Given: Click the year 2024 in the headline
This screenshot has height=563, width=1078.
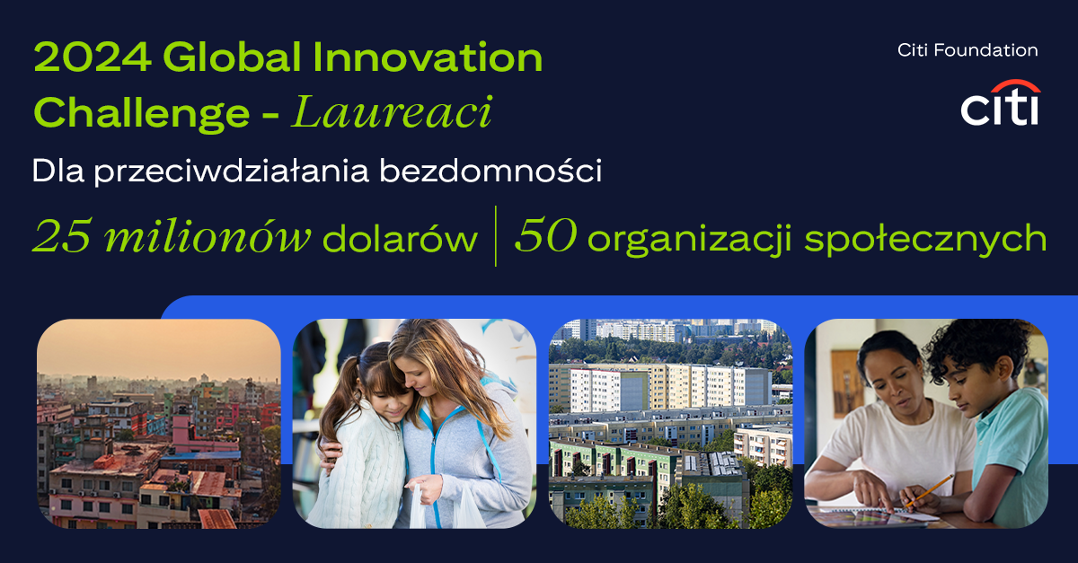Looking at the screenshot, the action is (92, 57).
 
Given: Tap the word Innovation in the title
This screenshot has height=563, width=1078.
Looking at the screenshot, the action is (428, 57).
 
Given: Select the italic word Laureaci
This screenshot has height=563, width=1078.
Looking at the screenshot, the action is (392, 112).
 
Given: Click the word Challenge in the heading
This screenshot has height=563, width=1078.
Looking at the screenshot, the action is (142, 113).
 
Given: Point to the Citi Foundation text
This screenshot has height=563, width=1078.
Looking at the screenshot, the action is (968, 50).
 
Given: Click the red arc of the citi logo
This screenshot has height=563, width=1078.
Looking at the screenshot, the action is (1015, 85).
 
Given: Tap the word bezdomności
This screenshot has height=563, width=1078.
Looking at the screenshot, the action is (490, 171).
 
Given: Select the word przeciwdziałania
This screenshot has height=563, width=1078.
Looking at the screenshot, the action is (231, 172).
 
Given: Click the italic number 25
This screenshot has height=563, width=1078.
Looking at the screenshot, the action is (62, 236).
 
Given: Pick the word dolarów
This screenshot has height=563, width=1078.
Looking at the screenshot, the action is (400, 238).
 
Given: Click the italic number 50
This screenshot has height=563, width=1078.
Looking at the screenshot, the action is (546, 235).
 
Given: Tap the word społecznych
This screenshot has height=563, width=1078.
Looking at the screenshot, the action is (925, 239).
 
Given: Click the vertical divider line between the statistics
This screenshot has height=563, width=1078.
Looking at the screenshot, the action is (496, 236).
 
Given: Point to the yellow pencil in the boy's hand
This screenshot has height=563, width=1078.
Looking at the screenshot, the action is (930, 490).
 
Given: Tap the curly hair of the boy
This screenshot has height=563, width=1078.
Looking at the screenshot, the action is (977, 347).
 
